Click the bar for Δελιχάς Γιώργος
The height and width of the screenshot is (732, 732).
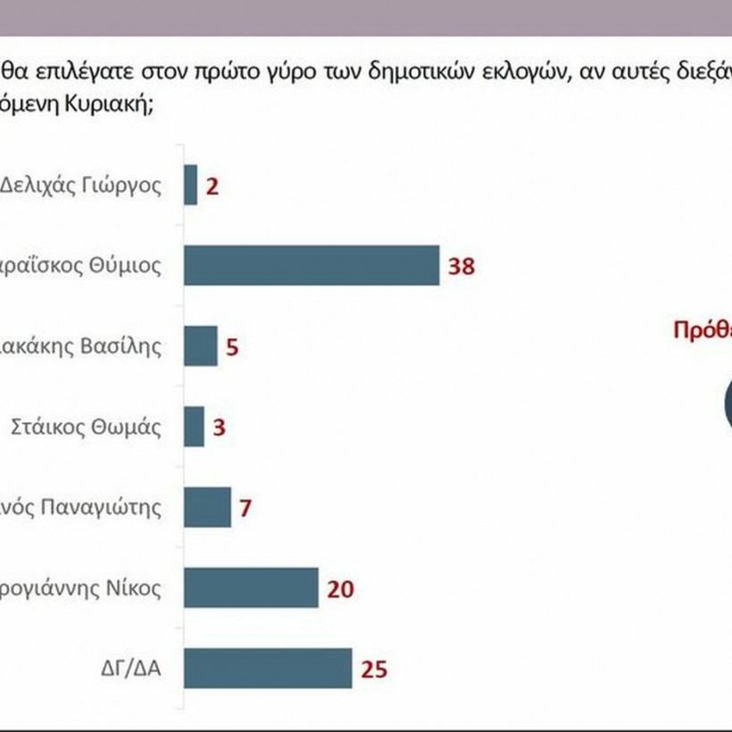tap(190, 185)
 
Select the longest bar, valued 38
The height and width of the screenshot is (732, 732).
tap(312, 265)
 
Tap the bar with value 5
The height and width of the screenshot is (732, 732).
tap(201, 345)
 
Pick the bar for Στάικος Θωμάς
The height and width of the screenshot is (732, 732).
tap(194, 427)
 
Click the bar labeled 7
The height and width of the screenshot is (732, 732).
tap(207, 507)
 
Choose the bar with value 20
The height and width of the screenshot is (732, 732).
tap(251, 587)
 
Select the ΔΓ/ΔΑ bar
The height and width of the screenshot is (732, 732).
tap(268, 668)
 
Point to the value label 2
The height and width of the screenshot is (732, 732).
tap(212, 187)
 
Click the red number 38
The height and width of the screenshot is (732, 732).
tap(462, 266)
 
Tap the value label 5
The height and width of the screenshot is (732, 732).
tap(232, 346)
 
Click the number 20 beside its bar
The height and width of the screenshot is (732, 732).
tap(341, 588)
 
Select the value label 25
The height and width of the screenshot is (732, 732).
tap(375, 669)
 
